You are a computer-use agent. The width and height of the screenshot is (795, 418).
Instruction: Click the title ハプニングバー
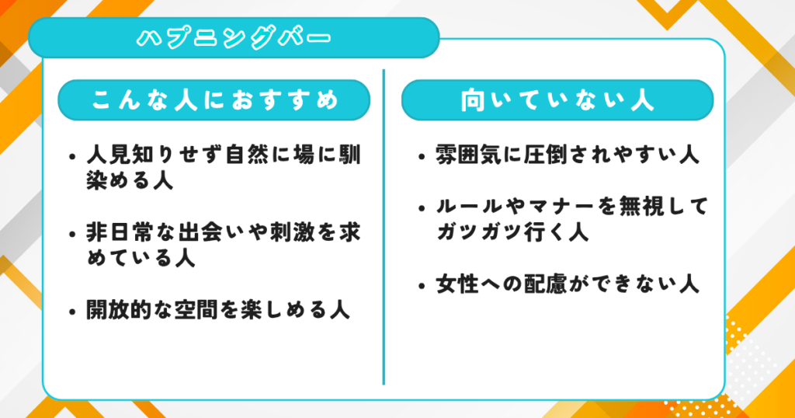pos(234,38)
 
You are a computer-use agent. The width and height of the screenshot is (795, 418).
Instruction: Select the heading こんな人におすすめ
pos(214,100)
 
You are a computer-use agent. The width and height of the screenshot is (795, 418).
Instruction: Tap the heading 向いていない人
pos(557,100)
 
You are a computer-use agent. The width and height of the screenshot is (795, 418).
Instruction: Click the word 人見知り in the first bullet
pos(130,155)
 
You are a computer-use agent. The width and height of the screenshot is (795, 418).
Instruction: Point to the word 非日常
pos(119,233)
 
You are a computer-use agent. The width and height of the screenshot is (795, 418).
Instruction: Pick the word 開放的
pos(119,309)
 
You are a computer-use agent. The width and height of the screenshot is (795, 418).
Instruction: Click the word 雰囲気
pos(468,155)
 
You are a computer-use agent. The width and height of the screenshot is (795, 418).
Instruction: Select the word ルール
pos(468,206)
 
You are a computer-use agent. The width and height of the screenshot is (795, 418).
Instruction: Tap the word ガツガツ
pos(480,232)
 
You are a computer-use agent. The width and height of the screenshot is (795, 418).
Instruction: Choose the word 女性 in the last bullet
pos(457,284)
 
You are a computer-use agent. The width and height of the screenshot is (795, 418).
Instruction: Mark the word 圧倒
pos(546,155)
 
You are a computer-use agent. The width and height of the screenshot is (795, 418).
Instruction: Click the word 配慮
pos(546,284)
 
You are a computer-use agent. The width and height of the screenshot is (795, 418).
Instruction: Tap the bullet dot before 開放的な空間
pos(72,311)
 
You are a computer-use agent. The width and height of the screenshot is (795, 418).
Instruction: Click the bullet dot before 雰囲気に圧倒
pos(422,156)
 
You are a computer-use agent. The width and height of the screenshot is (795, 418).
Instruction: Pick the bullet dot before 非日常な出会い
pos(72,235)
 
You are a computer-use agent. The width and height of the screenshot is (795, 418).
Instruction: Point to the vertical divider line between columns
pos(384,227)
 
